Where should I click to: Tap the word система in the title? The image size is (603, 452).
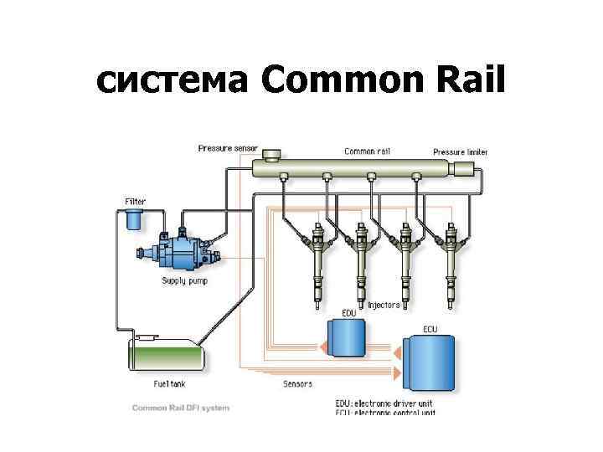(173, 81)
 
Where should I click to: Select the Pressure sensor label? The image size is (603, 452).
(228, 148)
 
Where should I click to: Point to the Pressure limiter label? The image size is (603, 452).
(460, 152)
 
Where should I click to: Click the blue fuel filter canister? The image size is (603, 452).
(132, 221)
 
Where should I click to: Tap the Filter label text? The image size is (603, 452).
(135, 202)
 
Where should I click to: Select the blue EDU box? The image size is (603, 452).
(343, 338)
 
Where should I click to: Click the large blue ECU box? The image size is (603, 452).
(430, 365)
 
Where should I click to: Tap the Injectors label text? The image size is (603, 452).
(384, 306)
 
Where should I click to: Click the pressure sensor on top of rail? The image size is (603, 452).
(272, 156)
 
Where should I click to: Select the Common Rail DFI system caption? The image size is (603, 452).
(180, 408)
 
